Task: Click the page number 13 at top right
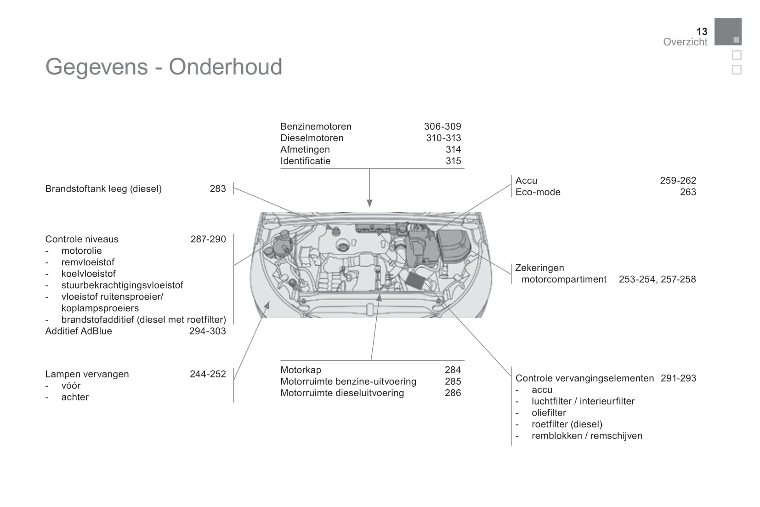(702, 32)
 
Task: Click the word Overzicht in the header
(685, 42)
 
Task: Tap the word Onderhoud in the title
(225, 67)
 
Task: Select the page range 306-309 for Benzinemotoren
(442, 126)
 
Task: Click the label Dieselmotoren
(312, 138)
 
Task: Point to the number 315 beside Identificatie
(453, 161)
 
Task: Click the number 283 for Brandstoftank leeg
(218, 188)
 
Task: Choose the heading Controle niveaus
(82, 239)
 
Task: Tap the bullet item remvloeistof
(88, 262)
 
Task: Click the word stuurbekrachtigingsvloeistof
(122, 285)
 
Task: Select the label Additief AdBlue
(79, 331)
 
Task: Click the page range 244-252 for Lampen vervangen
(208, 374)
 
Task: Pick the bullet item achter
(75, 397)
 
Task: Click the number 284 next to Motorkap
(453, 370)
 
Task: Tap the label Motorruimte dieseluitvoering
(342, 393)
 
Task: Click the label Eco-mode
(538, 192)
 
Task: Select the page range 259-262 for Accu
(678, 181)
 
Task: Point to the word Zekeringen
(539, 268)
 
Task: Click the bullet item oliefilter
(549, 413)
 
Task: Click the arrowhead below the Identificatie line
(369, 203)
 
